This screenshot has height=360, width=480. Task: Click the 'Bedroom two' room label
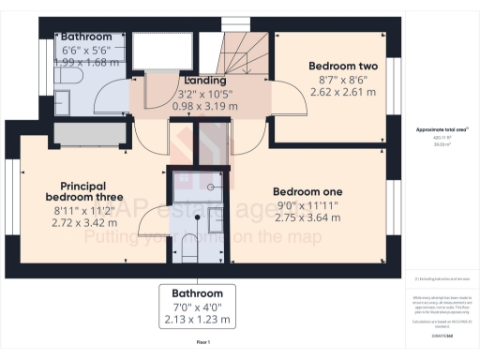click(x=343, y=67)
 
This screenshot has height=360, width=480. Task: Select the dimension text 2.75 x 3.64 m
click(x=308, y=217)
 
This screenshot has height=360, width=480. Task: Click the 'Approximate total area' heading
click(x=437, y=128)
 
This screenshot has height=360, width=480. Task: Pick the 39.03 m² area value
click(x=437, y=144)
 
